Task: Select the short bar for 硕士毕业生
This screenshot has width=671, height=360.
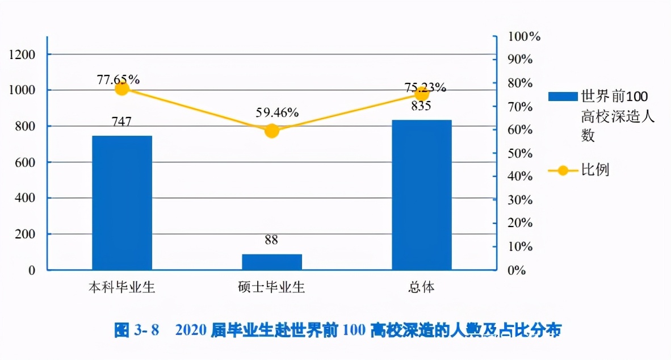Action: [x=272, y=262]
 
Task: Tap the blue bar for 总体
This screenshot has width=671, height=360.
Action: [x=422, y=195]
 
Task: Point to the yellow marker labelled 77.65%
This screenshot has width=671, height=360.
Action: [x=122, y=89]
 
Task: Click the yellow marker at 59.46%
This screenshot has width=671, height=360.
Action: [x=272, y=131]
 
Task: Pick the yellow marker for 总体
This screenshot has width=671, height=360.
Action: [x=422, y=94]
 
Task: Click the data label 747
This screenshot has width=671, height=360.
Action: [x=121, y=122]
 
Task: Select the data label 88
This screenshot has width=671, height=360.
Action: [x=271, y=240]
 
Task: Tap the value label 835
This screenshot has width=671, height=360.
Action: [x=421, y=106]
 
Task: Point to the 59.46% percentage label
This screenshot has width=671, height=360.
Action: [x=277, y=112]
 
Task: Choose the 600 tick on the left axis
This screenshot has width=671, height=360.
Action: [x=25, y=162]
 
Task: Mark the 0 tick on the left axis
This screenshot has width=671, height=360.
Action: [x=32, y=270]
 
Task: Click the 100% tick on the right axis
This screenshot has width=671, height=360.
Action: [x=523, y=37]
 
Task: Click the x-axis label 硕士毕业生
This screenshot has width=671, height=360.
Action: [x=271, y=287]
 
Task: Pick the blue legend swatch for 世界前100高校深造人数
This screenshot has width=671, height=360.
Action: [x=561, y=97]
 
